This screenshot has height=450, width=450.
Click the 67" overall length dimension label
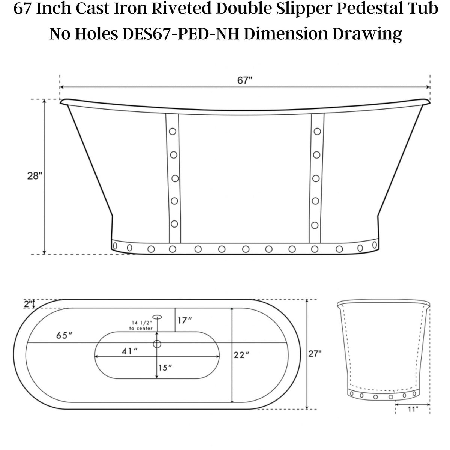244,81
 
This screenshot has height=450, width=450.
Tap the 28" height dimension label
34,176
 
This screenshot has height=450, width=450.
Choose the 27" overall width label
315,353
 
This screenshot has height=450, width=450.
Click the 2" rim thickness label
27,304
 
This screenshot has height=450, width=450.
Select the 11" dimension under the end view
412,409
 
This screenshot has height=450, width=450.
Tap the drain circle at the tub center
157,343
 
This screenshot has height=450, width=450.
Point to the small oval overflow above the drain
157,317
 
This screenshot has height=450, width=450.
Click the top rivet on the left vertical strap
172,132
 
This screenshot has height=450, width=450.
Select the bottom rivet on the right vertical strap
315,225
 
